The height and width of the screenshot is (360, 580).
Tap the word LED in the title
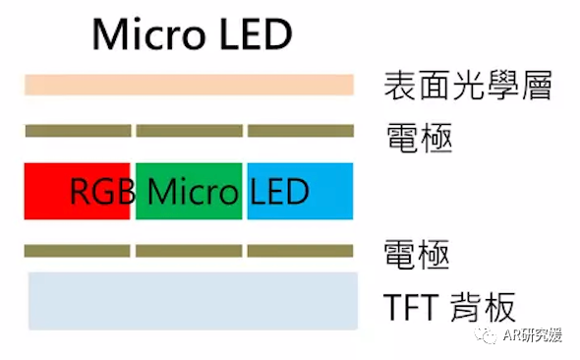tap(250, 34)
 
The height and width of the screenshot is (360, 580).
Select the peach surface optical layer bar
tap(189, 85)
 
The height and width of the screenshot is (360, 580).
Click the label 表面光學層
tap(466, 87)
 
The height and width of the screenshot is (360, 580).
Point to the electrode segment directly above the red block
tap(78, 131)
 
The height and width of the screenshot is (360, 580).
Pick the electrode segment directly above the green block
tap(189, 131)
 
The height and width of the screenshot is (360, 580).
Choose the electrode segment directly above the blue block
tap(300, 131)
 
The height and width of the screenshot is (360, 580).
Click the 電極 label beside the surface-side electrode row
tap(416, 136)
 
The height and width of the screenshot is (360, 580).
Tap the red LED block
tap(49, 191)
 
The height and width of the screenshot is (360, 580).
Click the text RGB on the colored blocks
tap(101, 191)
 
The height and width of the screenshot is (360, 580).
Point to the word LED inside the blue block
tap(279, 191)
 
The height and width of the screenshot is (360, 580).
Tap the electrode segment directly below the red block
tap(78, 251)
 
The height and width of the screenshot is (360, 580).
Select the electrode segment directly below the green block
tap(189, 251)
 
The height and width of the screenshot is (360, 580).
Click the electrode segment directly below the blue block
tap(300, 251)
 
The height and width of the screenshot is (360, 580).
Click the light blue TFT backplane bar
tap(189, 300)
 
